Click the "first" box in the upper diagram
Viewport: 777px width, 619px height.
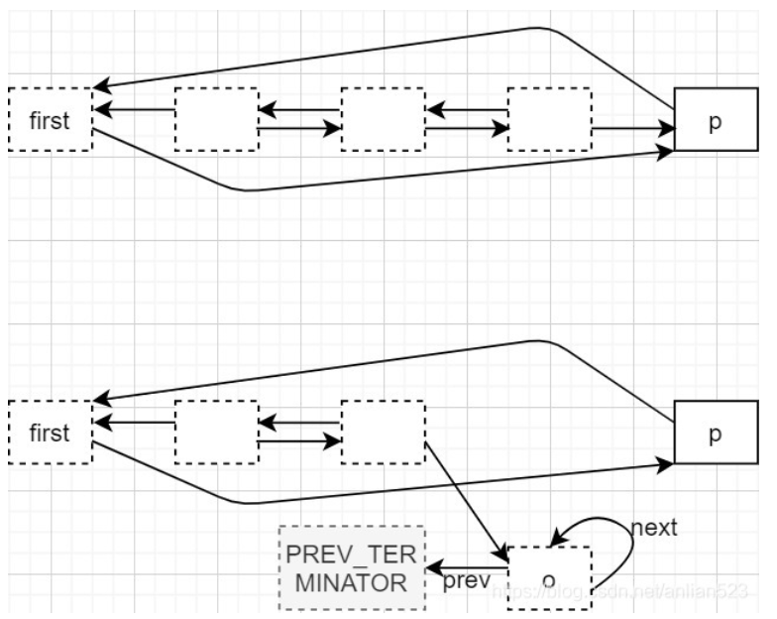pos(50,120)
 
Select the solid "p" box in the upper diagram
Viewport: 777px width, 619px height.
pos(715,119)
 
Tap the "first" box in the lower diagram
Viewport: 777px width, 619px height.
pos(50,433)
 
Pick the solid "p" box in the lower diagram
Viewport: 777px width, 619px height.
pos(715,433)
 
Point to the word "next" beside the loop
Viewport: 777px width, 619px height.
pos(653,527)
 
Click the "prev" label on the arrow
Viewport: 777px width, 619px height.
pos(467,579)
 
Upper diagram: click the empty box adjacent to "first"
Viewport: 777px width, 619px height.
pos(216,120)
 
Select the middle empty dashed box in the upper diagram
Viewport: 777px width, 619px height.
pos(383,120)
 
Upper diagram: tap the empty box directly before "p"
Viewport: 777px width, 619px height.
pos(548,120)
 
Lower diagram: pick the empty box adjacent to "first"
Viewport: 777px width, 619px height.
pos(216,433)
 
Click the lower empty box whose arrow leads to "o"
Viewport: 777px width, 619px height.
pos(383,433)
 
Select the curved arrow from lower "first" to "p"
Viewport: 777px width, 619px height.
pos(396,488)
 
